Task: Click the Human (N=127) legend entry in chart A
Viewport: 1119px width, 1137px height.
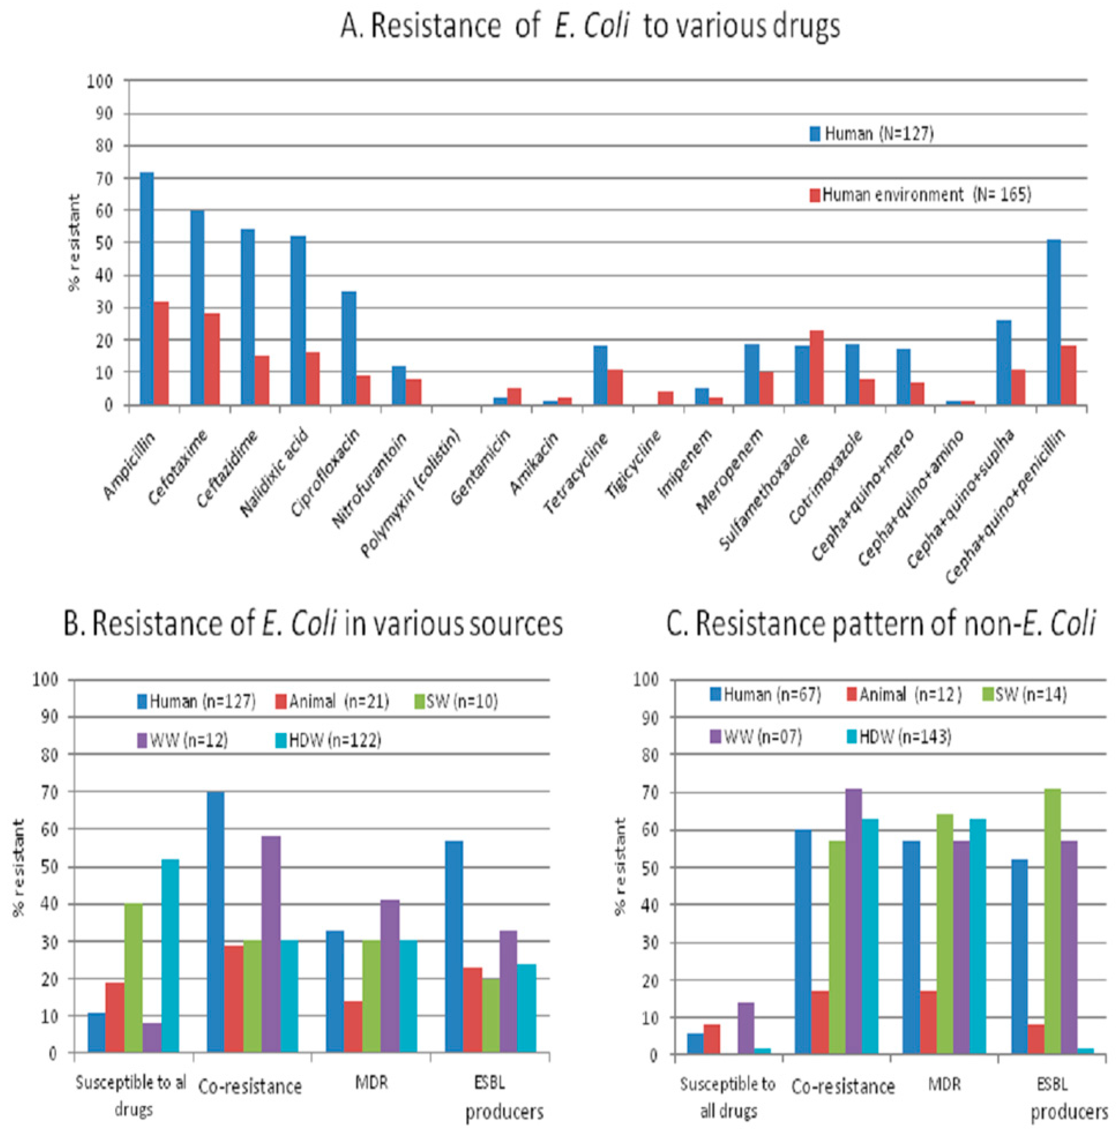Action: coord(871,134)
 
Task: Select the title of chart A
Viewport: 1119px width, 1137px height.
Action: coord(590,26)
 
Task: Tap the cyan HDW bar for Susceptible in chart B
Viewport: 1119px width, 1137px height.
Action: coord(170,956)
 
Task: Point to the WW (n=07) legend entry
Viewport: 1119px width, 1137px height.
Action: coord(755,736)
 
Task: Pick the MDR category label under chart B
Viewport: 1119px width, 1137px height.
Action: coord(372,1082)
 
